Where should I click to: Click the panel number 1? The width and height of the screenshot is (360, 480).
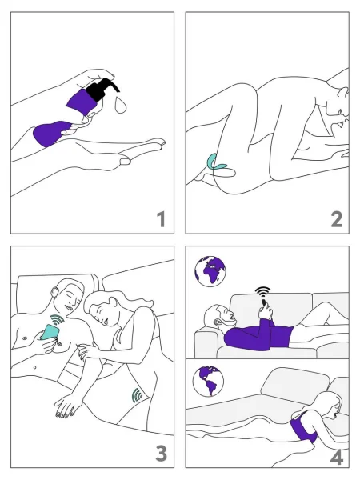click(162, 219)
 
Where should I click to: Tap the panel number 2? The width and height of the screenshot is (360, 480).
click(337, 219)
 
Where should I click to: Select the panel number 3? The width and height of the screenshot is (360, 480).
click(162, 454)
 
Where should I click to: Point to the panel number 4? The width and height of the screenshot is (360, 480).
click(337, 458)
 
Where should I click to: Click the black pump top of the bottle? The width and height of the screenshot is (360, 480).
click(102, 89)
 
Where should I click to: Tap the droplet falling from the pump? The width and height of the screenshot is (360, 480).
click(120, 105)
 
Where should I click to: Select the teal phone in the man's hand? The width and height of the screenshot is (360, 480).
click(50, 332)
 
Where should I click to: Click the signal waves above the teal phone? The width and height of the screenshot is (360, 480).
click(58, 319)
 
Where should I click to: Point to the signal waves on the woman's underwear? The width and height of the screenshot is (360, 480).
click(138, 395)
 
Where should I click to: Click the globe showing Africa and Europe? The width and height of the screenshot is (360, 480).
click(210, 271)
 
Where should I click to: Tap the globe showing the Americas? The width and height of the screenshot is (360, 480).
click(208, 381)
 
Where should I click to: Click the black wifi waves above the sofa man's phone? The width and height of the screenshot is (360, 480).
click(263, 291)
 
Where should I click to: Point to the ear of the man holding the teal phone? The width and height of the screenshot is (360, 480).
click(55, 292)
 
